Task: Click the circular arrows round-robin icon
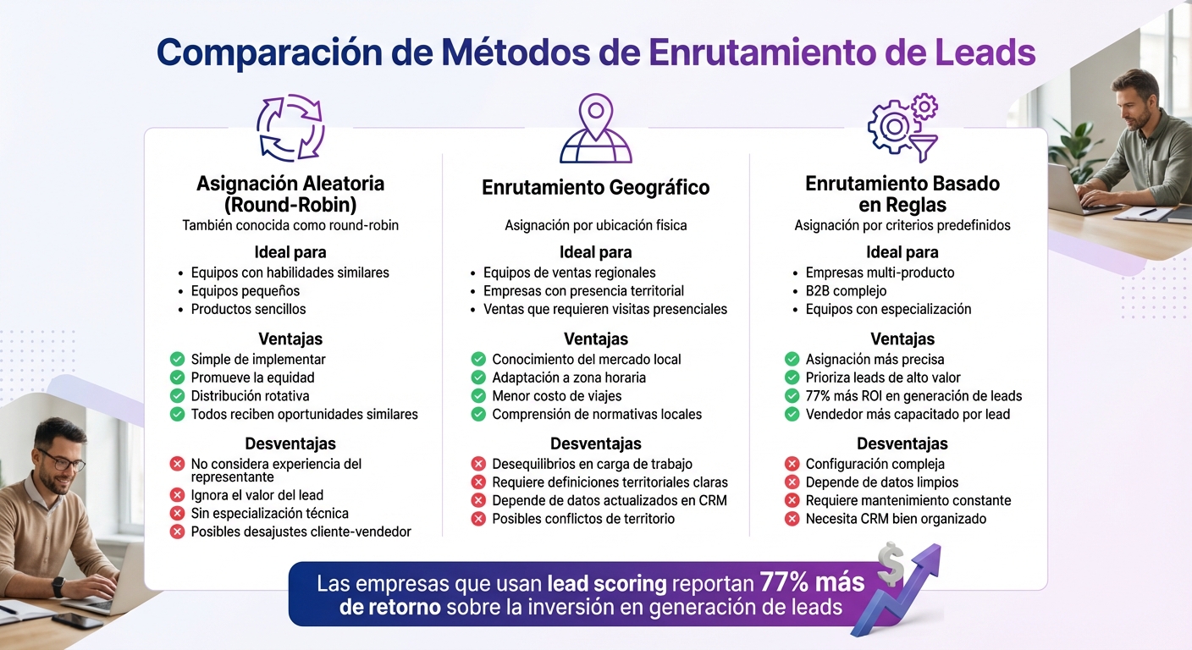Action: click(x=290, y=128)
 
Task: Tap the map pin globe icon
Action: click(x=595, y=129)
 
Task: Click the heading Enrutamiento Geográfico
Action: click(x=595, y=187)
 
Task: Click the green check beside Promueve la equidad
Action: click(x=177, y=377)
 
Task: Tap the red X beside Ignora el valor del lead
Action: click(x=177, y=495)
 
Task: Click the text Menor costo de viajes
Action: click(x=556, y=396)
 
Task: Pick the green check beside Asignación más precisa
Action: click(x=792, y=359)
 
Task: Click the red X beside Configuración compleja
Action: click(x=792, y=464)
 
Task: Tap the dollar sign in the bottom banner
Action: click(x=890, y=565)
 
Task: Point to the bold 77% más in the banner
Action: click(x=812, y=583)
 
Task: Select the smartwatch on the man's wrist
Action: click(x=58, y=586)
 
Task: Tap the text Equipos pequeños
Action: click(x=245, y=291)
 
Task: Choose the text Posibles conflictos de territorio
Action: click(x=583, y=519)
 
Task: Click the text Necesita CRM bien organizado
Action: click(x=896, y=519)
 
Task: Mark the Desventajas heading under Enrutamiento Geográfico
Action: click(x=595, y=443)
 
